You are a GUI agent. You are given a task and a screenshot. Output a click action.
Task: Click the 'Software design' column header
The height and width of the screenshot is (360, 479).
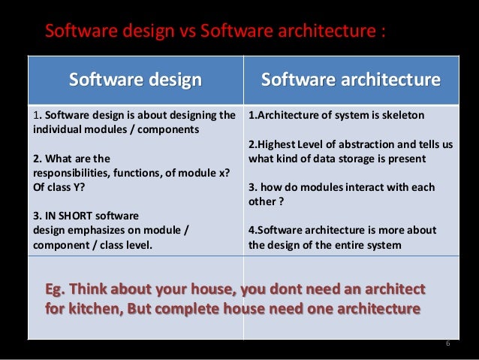pos(135,80)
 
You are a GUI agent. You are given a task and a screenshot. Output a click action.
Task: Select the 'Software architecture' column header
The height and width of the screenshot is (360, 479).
pos(350,80)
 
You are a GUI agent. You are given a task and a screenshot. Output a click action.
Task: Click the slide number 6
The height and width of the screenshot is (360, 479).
pos(447,344)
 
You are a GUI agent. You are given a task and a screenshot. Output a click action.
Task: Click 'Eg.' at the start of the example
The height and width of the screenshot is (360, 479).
pos(59,290)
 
